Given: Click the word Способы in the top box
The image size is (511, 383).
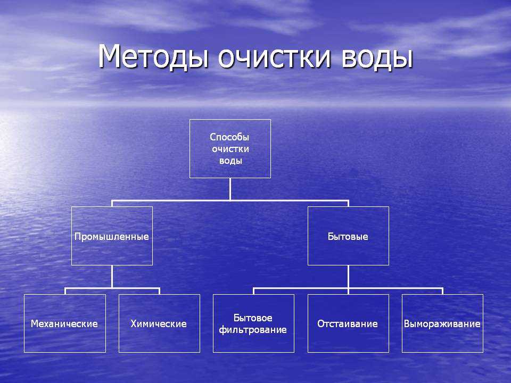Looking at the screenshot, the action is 229,137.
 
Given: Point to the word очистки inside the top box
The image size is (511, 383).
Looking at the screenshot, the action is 230,149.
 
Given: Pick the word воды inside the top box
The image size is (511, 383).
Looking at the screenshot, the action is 230,161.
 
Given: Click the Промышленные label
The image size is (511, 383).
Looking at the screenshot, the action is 111,236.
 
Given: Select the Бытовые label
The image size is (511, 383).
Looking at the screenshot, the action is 348,236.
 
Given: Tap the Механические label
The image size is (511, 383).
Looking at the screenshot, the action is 64,324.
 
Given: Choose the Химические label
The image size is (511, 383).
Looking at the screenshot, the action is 159,324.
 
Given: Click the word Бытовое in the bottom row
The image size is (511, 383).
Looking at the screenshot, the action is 253,318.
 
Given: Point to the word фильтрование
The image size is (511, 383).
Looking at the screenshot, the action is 253,330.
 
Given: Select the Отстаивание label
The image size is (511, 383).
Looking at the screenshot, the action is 348,324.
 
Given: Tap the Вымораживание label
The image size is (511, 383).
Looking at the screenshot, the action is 442,324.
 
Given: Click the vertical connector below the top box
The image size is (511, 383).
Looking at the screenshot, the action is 230,189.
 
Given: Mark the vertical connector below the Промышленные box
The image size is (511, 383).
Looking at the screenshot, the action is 112,277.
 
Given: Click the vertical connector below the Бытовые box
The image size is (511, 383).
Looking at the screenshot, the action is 348,277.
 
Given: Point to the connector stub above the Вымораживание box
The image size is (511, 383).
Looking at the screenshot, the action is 442,291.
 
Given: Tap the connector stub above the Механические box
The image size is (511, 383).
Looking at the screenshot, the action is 65,291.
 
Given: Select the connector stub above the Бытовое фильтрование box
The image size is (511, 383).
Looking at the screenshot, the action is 253,291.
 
